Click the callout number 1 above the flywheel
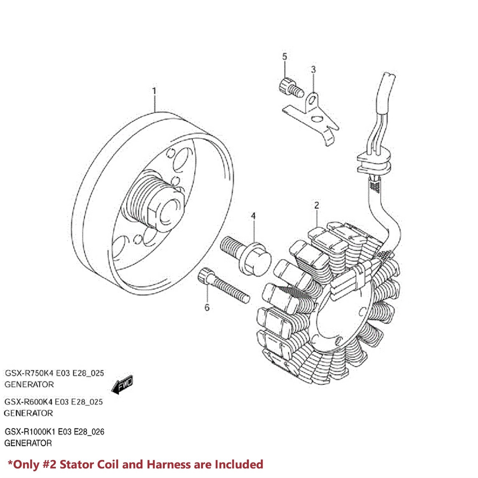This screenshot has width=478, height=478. click(154, 91)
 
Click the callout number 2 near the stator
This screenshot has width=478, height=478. click(317, 205)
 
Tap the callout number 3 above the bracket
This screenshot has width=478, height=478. click(313, 69)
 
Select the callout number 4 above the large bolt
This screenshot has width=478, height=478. click(253, 216)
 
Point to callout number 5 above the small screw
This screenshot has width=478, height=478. click(284, 56)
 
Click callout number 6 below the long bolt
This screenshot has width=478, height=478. click(207, 307)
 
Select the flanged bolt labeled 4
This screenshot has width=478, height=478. click(248, 255)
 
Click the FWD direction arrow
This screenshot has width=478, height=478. click(123, 385)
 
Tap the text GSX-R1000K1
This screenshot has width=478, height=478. click(30, 432)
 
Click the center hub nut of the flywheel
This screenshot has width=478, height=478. click(167, 212)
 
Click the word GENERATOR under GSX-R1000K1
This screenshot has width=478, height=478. click(28, 443)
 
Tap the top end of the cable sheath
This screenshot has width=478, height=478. click(388, 75)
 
